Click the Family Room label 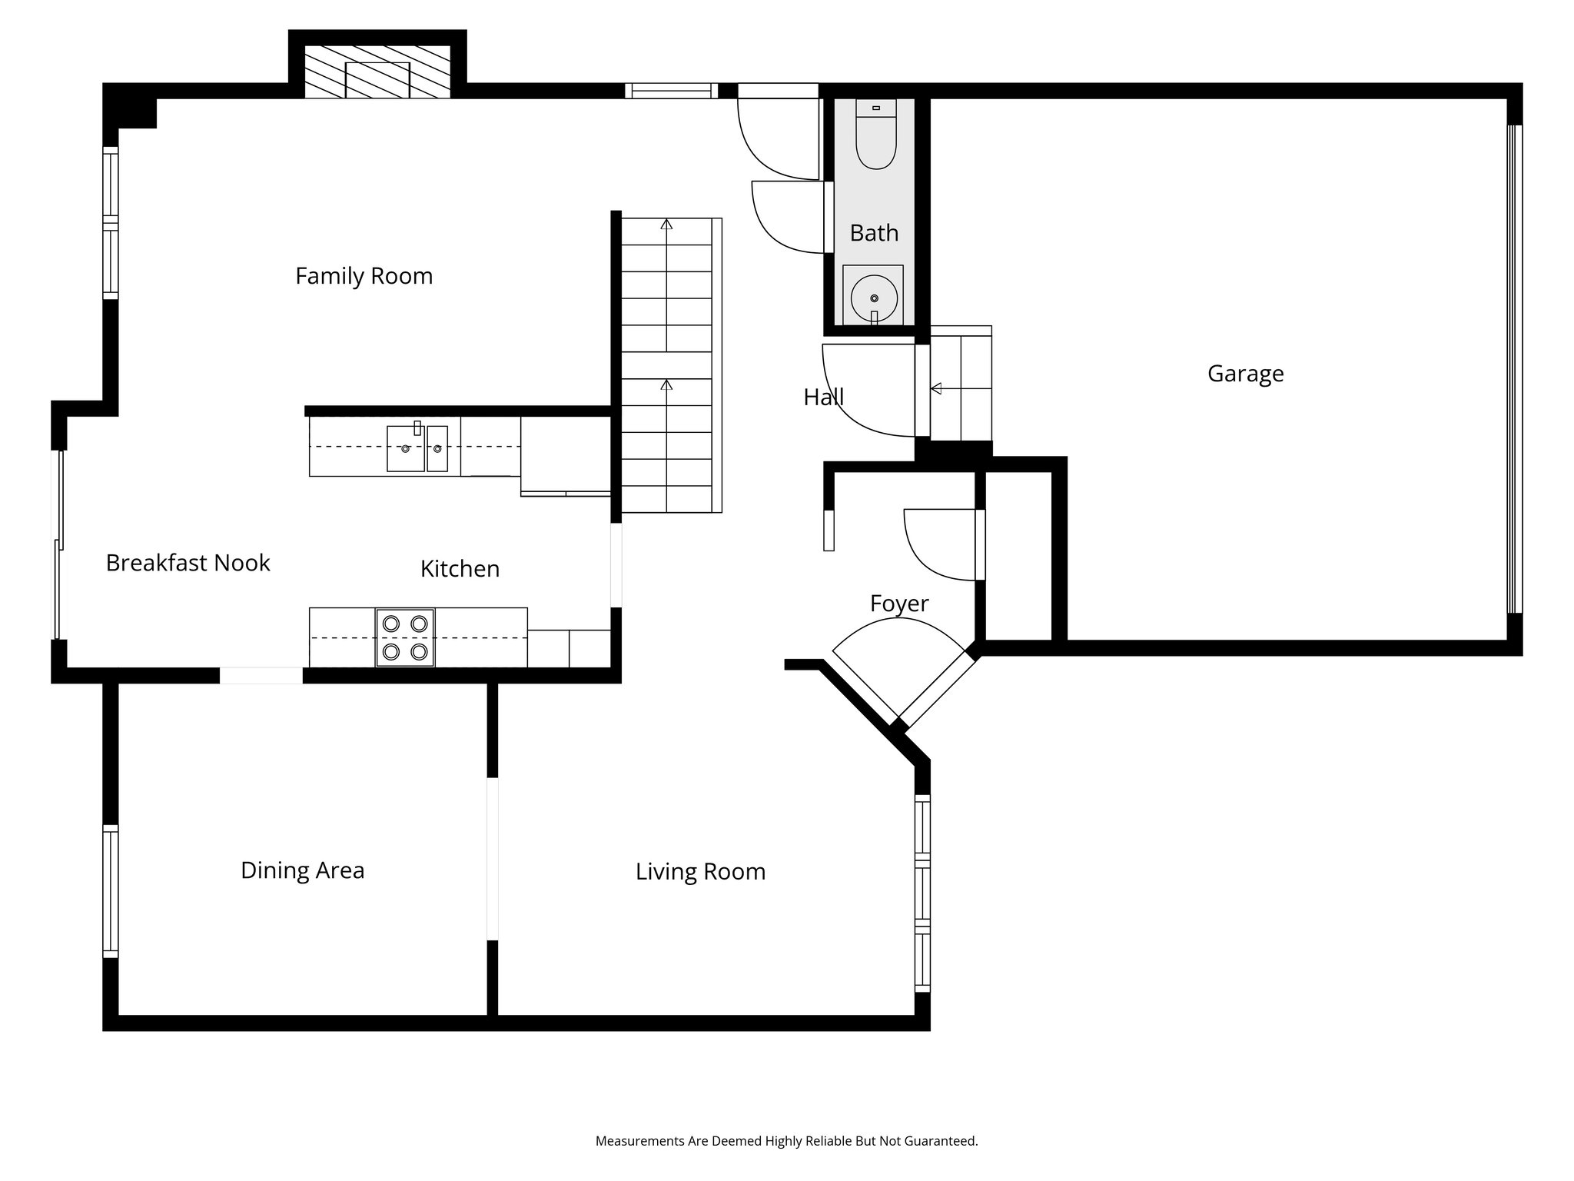coord(364,276)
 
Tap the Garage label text coord(1245,374)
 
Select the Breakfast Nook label coord(188,563)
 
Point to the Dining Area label coord(302,870)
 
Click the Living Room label coord(700,872)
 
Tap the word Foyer coord(899,604)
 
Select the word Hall coord(823,398)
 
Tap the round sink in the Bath coord(874,298)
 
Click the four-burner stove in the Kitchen coord(405,637)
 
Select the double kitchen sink coord(417,447)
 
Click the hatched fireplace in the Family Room coord(377,72)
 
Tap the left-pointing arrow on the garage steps coord(936,389)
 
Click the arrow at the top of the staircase coord(666,225)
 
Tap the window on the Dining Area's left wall coord(111,890)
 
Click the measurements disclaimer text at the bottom coord(786,1142)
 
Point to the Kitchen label coord(460,569)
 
